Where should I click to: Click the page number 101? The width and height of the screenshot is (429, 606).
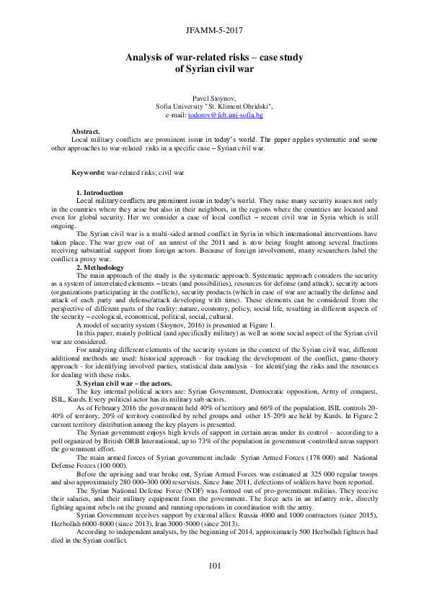click(214, 566)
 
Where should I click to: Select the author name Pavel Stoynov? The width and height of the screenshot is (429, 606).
click(214, 97)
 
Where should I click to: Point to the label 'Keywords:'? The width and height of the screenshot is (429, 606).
click(89, 173)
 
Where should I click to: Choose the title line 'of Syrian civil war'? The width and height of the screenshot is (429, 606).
click(214, 70)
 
